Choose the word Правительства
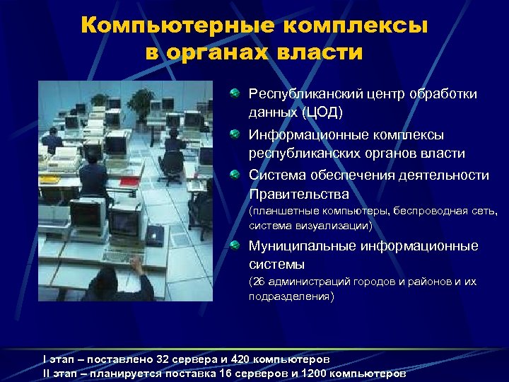pos(299,194)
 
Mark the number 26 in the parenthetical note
pos(259,282)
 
